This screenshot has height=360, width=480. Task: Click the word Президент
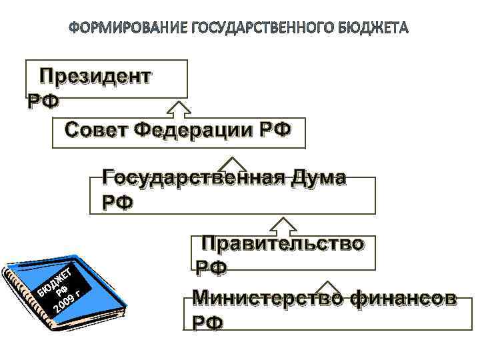pyautogui.click(x=95, y=76)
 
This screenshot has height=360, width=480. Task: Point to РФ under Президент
pyautogui.click(x=42, y=101)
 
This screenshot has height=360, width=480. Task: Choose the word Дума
pyautogui.click(x=320, y=177)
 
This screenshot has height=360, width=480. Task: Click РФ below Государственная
pyautogui.click(x=117, y=202)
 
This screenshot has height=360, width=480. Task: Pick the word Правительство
pyautogui.click(x=283, y=243)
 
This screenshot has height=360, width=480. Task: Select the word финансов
pyautogui.click(x=403, y=298)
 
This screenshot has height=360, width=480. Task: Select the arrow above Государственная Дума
pyautogui.click(x=233, y=164)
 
